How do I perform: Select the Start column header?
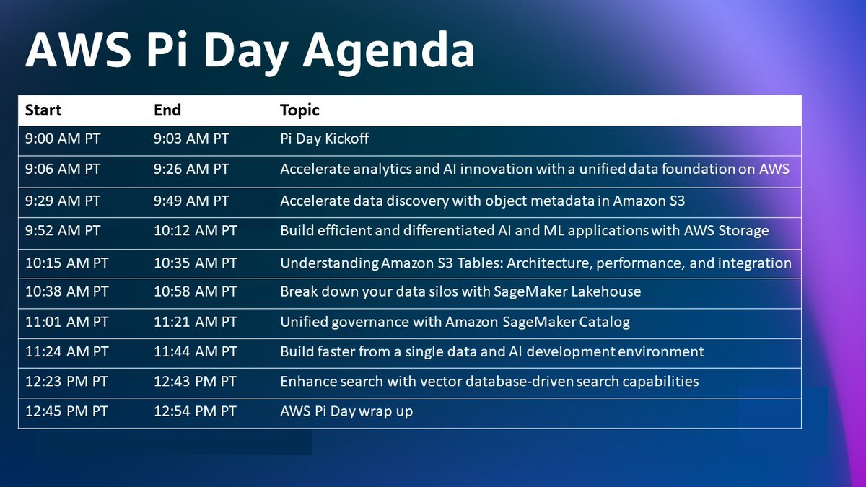coord(43,110)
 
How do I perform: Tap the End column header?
coord(167,110)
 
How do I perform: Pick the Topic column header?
coord(299,110)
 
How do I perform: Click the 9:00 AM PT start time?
coord(63,139)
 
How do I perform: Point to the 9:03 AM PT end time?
coord(191,139)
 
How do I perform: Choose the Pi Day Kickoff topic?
coord(325,139)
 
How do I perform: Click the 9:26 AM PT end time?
coord(191,170)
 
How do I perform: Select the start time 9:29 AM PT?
coord(63,201)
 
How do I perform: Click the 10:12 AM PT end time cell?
coord(195,232)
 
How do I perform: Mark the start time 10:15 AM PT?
coord(66,263)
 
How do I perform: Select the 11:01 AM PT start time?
coord(66,322)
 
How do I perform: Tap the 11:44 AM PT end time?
coord(195,351)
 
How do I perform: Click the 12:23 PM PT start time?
coord(66,381)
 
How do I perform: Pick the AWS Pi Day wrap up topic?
coord(346,411)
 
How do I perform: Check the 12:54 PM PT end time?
coord(195,411)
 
